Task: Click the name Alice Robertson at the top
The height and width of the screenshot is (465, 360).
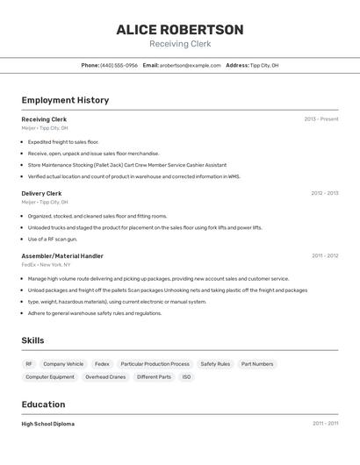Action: [x=180, y=30]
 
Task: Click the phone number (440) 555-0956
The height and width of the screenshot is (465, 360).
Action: [x=119, y=65]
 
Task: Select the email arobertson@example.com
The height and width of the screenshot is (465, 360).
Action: [x=191, y=65]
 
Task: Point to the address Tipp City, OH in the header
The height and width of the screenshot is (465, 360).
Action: [x=264, y=65]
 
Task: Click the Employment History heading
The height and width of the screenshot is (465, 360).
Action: [x=65, y=100]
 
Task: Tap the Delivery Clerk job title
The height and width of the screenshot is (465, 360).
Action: [x=41, y=193]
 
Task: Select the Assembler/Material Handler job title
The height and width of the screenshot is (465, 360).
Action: [x=62, y=256]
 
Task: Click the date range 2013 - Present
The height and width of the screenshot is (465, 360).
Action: [x=320, y=119]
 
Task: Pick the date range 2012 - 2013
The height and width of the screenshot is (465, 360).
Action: [x=324, y=193]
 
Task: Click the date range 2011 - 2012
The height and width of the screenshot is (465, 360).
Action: [x=324, y=256]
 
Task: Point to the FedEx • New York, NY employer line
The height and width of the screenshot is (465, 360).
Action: [x=46, y=264]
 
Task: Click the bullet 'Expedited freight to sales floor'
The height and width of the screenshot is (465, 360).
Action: [x=63, y=141]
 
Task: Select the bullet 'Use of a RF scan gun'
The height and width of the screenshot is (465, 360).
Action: [x=53, y=239]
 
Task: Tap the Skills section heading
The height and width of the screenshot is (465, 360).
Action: [x=33, y=340]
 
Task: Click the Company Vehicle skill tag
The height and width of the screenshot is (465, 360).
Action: [x=63, y=363]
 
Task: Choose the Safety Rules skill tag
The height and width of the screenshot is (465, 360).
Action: [x=215, y=363]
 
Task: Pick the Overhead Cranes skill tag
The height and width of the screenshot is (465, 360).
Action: [x=105, y=376]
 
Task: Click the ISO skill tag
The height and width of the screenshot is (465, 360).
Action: [x=186, y=376]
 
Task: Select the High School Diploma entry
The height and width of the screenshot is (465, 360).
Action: [x=47, y=424]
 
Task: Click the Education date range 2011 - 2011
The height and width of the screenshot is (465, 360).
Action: [x=325, y=424]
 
